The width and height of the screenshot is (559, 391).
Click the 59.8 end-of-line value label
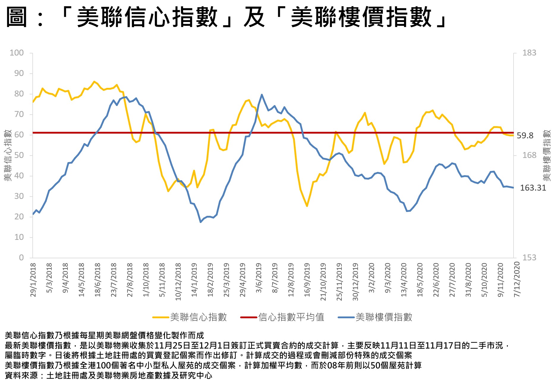point(525,136)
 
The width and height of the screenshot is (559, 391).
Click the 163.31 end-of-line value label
point(533,188)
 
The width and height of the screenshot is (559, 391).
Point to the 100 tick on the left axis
point(17,53)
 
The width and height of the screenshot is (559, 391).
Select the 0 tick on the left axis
point(21,258)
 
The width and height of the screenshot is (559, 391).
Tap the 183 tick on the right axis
point(529,53)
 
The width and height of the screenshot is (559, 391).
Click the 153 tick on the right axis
point(529,258)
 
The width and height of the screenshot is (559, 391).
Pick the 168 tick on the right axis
point(529,155)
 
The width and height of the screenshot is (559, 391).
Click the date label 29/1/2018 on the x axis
point(33,279)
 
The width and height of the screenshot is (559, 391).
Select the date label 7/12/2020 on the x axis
point(517,279)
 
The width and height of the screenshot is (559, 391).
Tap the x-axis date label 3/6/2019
point(259,278)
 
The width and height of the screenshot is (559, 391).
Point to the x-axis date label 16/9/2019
point(307,279)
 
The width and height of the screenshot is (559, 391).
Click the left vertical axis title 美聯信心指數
point(7,155)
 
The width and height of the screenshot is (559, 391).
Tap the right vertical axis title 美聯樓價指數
point(547,155)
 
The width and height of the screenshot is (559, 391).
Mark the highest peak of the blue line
point(262,95)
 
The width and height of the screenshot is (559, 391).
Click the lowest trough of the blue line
point(201,222)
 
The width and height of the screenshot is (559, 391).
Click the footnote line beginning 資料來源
point(108,376)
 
